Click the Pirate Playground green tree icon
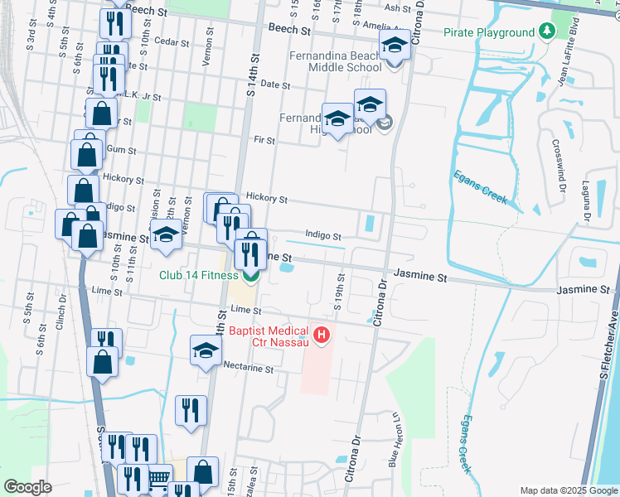546,32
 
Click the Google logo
27,487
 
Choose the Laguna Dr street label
585,202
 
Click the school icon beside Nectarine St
206,350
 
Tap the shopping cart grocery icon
158,478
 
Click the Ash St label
398,8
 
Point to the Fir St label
264,141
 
